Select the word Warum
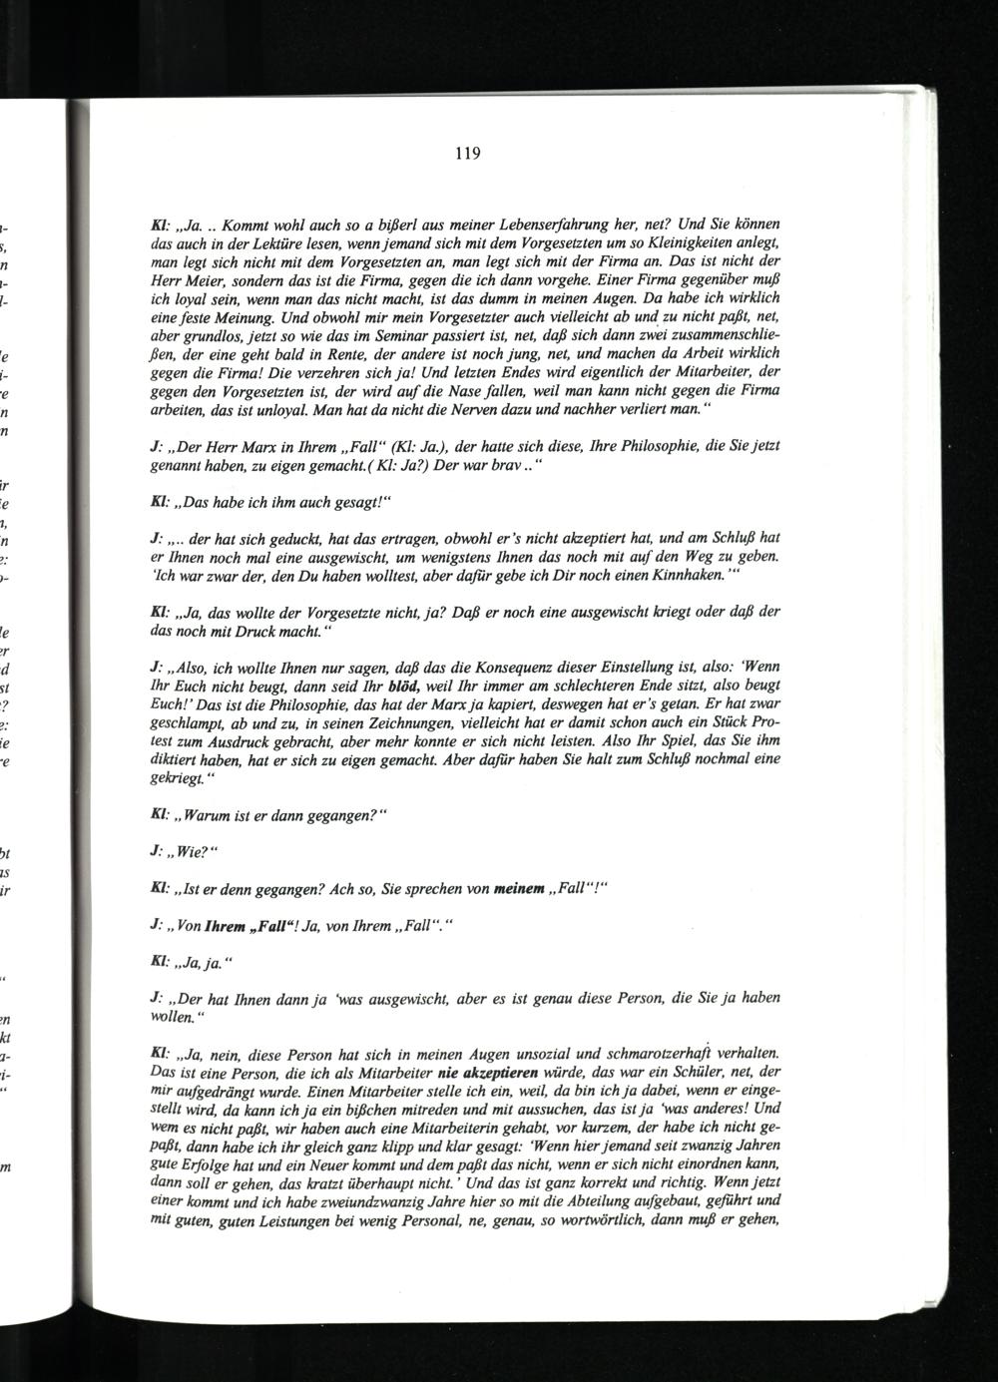(207, 816)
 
